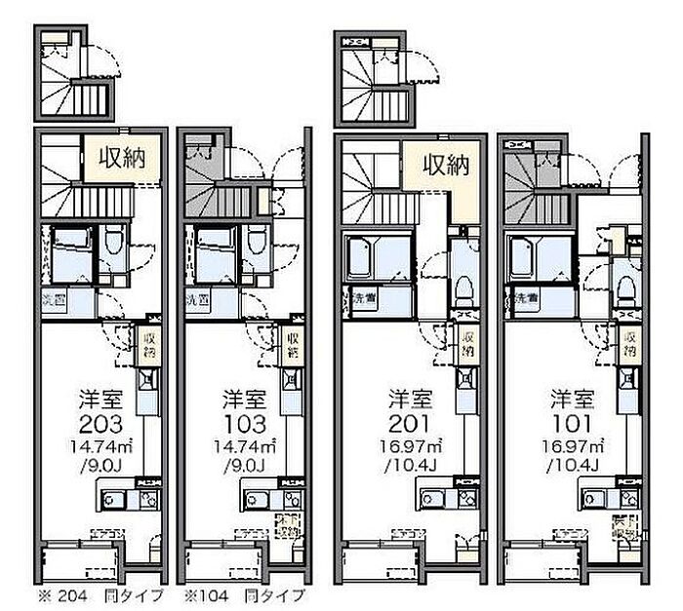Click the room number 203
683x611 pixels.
click(100, 423)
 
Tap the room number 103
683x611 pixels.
click(244, 423)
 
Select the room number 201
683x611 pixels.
click(410, 423)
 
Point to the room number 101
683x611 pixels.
click(571, 423)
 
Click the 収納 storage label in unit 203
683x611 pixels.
click(121, 159)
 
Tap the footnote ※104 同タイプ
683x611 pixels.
click(245, 594)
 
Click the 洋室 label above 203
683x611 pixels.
click(100, 399)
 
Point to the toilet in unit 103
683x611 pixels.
click(257, 244)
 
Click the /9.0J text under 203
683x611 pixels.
click(100, 465)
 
